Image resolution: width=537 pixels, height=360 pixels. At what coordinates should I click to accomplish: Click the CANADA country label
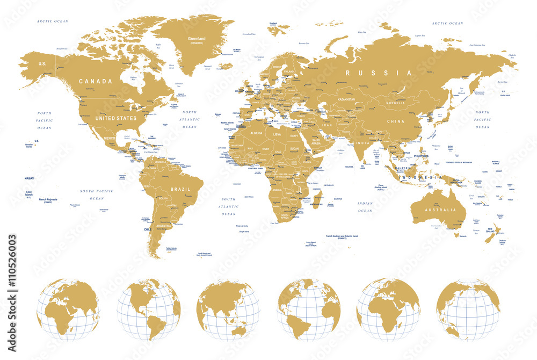click(x=96, y=81)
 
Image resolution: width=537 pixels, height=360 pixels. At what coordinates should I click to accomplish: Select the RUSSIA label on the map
click(x=379, y=73)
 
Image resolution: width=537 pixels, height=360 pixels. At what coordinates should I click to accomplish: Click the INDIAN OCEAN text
click(x=365, y=207)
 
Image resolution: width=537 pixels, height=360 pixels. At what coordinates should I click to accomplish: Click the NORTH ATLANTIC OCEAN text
click(x=190, y=119)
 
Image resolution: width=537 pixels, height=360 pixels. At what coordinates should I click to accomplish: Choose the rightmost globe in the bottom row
click(x=468, y=310)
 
